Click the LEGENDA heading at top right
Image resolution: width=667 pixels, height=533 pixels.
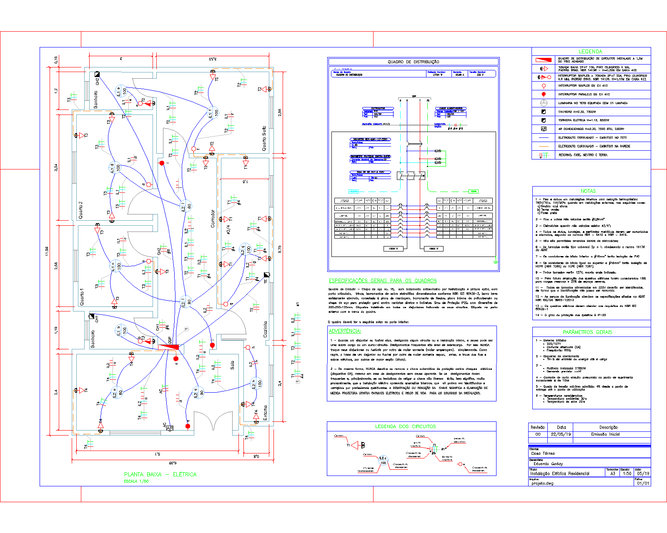[590, 51]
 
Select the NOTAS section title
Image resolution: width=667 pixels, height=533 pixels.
[588, 191]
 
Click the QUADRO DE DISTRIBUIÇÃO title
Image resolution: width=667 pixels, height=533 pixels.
[413, 62]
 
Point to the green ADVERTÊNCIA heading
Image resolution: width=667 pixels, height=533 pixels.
[345, 331]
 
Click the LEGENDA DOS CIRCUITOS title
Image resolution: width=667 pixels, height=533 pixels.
[405, 426]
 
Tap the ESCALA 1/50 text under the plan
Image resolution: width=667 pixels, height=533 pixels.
[136, 481]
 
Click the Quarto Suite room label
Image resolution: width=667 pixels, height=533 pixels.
[264, 139]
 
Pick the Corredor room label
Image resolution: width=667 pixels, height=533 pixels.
[213, 218]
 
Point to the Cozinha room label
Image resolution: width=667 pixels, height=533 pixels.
[265, 329]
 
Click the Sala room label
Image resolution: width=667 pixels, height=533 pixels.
[232, 365]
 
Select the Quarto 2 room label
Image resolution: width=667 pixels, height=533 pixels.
[81, 210]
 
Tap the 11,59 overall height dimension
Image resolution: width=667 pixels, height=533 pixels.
[47, 251]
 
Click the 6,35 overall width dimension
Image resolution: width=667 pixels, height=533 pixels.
[173, 463]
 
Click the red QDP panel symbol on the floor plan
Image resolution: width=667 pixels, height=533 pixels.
[169, 346]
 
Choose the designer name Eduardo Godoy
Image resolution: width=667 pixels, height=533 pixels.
[548, 464]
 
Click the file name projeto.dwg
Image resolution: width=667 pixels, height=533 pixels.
[542, 483]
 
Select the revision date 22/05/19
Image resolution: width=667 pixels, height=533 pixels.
[561, 434]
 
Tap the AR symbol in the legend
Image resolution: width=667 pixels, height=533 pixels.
[544, 129]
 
